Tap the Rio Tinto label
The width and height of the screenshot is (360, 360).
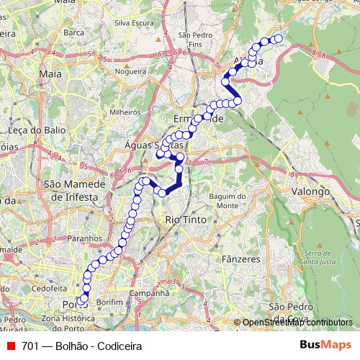click(186, 219)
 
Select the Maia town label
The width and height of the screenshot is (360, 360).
click(51, 73)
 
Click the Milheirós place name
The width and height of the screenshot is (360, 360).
click(124, 112)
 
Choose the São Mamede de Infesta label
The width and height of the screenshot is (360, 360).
click(75, 189)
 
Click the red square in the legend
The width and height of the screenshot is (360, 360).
click(9, 346)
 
